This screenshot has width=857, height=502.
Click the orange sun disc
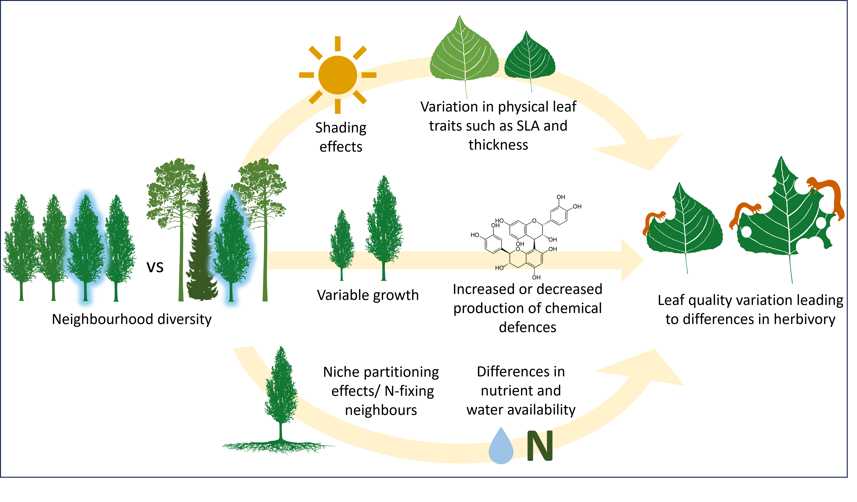point(337,75)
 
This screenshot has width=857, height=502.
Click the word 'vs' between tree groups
point(155,267)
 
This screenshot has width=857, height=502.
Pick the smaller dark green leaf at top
point(529,60)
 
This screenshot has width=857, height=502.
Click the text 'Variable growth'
point(368,295)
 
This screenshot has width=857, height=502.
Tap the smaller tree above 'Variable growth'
point(342,245)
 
